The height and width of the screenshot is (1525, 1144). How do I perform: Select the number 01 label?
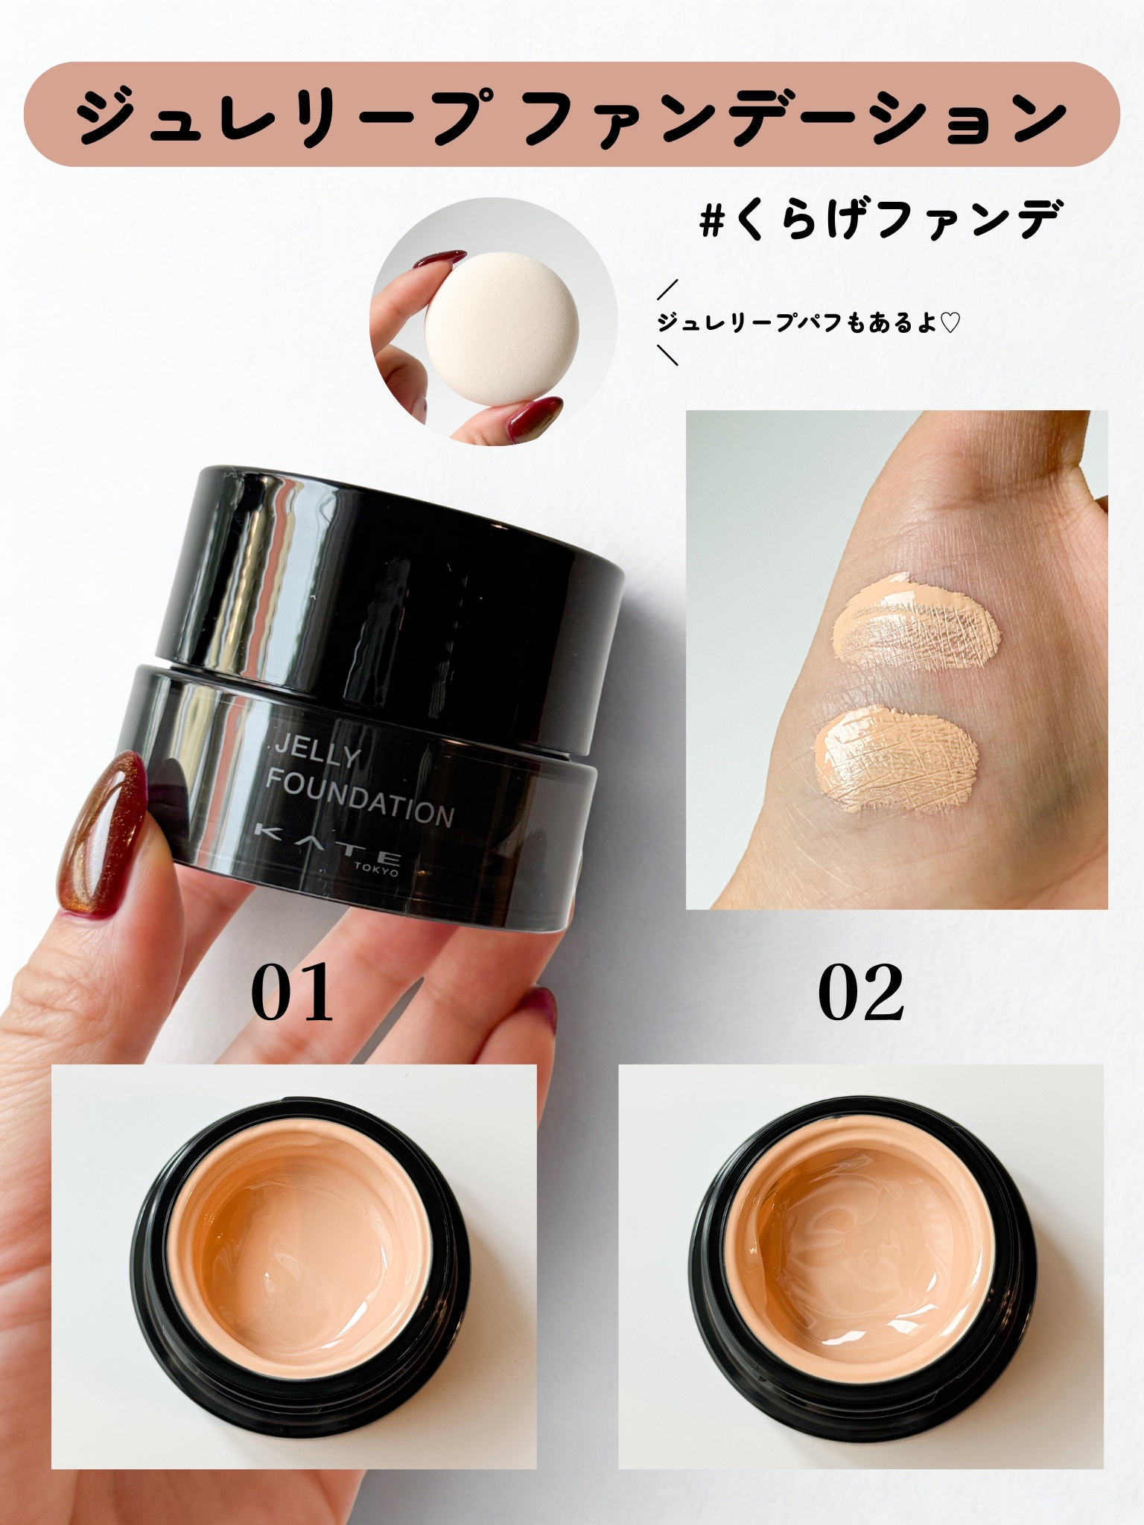pos(293,993)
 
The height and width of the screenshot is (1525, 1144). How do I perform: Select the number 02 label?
pos(861,993)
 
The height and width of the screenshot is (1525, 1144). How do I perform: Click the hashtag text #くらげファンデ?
pos(879,217)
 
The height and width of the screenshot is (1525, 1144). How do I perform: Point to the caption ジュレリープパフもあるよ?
pos(796,322)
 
